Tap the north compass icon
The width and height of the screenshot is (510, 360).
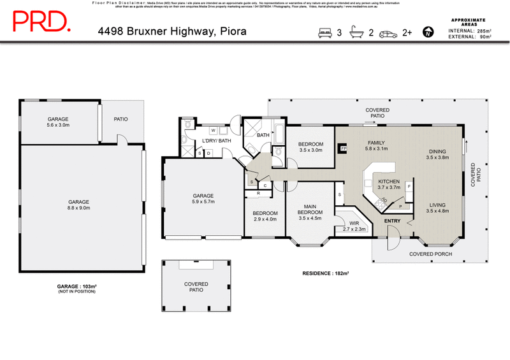(428, 31)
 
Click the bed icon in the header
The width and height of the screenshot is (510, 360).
(325, 32)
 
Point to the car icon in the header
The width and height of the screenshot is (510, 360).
(388, 32)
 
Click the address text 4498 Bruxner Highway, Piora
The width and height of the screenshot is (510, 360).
(172, 31)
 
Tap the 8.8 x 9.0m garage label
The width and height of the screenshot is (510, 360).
(79, 204)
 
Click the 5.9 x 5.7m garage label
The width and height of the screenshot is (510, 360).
(203, 199)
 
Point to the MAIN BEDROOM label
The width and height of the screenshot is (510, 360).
(310, 210)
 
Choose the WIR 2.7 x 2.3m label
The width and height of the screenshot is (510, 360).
(354, 226)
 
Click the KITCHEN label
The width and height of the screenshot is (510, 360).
(389, 184)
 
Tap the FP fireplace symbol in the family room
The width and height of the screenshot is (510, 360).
(343, 148)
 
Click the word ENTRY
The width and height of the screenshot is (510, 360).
(392, 221)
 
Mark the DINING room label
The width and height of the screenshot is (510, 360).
(438, 153)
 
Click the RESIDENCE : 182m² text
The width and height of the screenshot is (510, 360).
(326, 273)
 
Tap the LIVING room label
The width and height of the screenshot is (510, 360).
(437, 208)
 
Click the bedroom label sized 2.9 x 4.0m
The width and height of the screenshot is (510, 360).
(265, 216)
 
